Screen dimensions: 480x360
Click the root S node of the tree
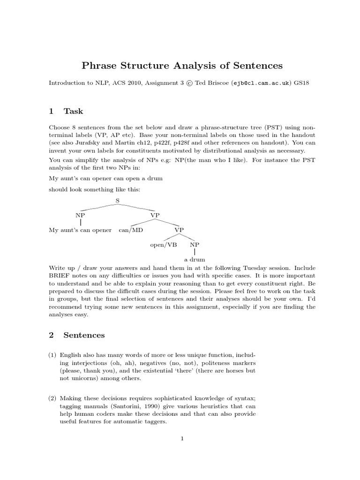118,200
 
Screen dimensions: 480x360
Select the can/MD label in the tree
131,230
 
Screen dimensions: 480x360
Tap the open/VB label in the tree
163,245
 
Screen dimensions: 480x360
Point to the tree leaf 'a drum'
194,259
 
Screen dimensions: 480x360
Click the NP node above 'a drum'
194,245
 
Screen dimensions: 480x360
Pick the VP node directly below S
155,215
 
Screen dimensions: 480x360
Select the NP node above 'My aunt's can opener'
81,215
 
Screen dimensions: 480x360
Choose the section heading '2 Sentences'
77,335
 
